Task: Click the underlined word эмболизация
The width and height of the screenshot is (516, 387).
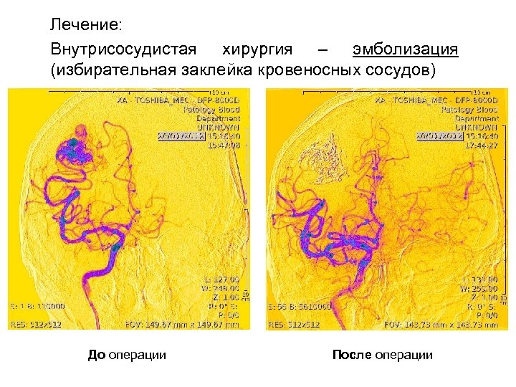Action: pyautogui.click(x=405, y=49)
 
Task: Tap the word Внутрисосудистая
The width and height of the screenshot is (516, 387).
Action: pyautogui.click(x=123, y=49)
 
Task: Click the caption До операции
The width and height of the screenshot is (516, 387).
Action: pyautogui.click(x=127, y=355)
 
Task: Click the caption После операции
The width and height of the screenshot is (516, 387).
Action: pyautogui.click(x=383, y=355)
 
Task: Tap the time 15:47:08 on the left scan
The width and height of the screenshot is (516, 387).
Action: pyautogui.click(x=223, y=144)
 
